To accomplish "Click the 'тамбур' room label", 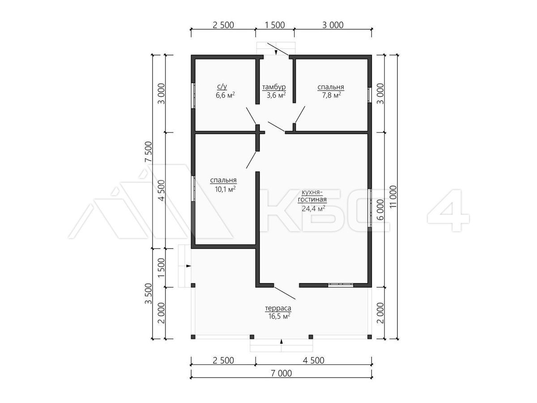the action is [274, 87].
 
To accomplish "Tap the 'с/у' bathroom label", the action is [222, 86].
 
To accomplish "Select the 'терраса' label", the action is [278, 308].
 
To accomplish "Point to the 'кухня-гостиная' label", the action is [312, 196].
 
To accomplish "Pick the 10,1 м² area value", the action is [225, 189].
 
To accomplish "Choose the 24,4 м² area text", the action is [313, 209].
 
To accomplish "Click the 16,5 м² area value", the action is [279, 316].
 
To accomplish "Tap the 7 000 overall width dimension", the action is [281, 373].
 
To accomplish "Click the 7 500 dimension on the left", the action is [149, 152].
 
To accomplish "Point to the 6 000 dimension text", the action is [380, 210].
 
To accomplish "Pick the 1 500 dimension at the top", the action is [274, 25].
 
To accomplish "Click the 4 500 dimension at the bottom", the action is [313, 360].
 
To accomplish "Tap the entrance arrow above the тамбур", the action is [276, 52].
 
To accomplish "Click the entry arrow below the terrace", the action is [281, 342].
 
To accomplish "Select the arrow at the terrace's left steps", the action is [188, 266].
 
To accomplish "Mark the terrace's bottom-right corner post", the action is [370, 337].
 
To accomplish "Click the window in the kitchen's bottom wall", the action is [341, 285].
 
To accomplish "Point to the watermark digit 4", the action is [448, 210].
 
